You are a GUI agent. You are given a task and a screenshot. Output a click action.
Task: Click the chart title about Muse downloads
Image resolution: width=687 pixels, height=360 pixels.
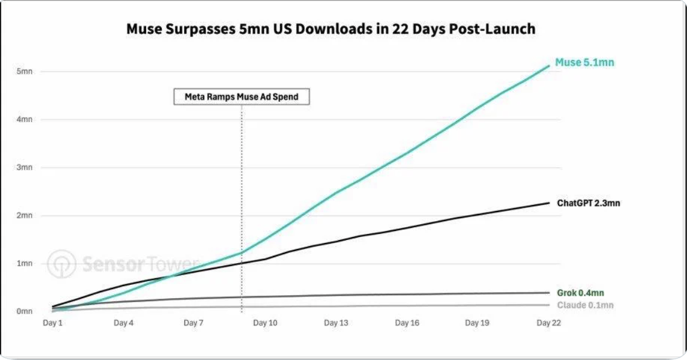(331, 29)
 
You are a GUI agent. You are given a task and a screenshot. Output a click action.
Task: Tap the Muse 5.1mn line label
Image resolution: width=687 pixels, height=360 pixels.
(585, 62)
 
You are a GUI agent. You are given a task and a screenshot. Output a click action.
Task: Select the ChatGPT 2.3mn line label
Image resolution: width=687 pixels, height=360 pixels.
(588, 203)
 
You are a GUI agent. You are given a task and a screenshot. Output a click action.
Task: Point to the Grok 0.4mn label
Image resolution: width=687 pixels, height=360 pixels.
(580, 293)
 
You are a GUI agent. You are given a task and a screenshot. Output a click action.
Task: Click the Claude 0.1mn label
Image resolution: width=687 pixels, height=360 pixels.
(585, 305)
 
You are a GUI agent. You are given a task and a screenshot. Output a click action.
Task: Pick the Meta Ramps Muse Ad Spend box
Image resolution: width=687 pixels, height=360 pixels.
(241, 96)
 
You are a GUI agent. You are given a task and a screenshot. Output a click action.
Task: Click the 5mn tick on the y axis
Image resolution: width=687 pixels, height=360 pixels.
(24, 72)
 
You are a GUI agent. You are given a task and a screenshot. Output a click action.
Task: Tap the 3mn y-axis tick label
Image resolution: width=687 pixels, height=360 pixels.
(24, 167)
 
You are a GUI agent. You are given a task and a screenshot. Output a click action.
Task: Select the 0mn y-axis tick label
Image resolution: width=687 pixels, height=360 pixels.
(24, 312)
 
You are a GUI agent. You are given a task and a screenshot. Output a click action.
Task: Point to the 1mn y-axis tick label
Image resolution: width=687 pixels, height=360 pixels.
(24, 264)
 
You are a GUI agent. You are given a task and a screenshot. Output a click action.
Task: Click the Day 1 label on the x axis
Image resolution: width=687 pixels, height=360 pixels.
(53, 323)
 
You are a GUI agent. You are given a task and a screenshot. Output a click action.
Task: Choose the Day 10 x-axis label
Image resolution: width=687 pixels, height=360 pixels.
(265, 323)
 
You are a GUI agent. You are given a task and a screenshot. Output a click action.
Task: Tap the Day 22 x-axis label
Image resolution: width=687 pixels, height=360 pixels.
(548, 323)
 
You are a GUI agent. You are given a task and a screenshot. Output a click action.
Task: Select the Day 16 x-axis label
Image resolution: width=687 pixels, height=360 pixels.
(407, 323)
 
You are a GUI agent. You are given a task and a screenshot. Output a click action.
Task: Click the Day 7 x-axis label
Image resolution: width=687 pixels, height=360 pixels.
(193, 323)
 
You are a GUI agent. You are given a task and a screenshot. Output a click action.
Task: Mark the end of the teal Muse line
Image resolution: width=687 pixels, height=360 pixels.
(549, 66)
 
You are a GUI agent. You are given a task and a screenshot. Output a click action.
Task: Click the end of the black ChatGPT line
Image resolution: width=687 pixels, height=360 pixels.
(549, 203)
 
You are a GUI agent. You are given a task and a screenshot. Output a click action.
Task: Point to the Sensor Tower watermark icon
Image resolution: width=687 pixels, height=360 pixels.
(62, 264)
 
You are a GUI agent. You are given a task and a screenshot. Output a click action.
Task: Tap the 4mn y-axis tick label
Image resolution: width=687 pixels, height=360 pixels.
(24, 119)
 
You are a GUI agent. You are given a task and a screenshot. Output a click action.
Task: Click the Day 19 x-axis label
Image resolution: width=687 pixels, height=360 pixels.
(477, 323)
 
